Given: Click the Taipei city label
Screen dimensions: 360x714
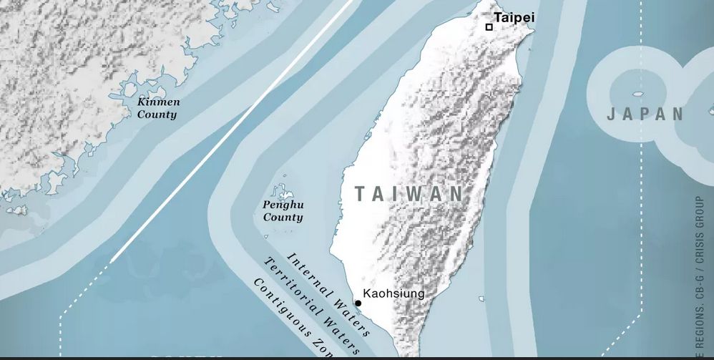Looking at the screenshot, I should pyautogui.click(x=514, y=18).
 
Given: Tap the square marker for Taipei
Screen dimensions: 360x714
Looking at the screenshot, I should pyautogui.click(x=489, y=27).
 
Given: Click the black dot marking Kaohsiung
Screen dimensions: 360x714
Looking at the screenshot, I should pyautogui.click(x=358, y=303).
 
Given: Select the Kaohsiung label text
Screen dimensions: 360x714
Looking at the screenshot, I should pyautogui.click(x=393, y=293).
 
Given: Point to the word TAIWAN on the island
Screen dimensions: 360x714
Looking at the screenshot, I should pyautogui.click(x=409, y=194).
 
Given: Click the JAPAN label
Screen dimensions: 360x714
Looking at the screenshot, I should pyautogui.click(x=645, y=115).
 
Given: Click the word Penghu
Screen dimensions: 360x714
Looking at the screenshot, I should pyautogui.click(x=283, y=205).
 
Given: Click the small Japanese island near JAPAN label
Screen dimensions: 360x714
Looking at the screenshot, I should pyautogui.click(x=637, y=94).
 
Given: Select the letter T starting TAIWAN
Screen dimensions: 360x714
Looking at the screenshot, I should pyautogui.click(x=360, y=194).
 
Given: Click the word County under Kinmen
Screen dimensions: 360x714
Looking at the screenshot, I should pyautogui.click(x=157, y=115).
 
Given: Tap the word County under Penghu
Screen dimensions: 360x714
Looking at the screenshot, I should pyautogui.click(x=283, y=218).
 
